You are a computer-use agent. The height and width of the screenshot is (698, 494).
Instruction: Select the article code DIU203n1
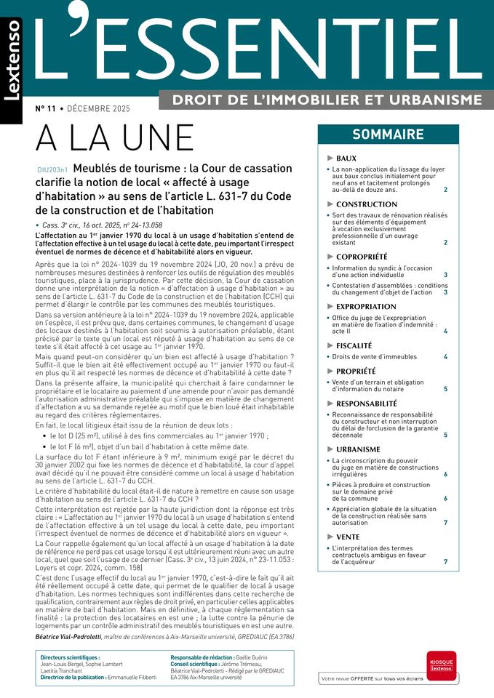(x=52, y=169)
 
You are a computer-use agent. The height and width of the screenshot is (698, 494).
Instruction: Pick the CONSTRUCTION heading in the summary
(x=366, y=204)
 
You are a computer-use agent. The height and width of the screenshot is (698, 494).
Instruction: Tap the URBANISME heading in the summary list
(x=358, y=449)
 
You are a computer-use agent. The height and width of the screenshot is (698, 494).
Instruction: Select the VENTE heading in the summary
(x=348, y=537)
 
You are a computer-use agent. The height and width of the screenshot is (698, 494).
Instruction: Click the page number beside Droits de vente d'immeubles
(x=445, y=357)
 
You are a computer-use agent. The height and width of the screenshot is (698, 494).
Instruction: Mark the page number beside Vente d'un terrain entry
(x=445, y=390)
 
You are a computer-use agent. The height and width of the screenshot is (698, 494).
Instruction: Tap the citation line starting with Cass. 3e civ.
(x=101, y=225)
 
